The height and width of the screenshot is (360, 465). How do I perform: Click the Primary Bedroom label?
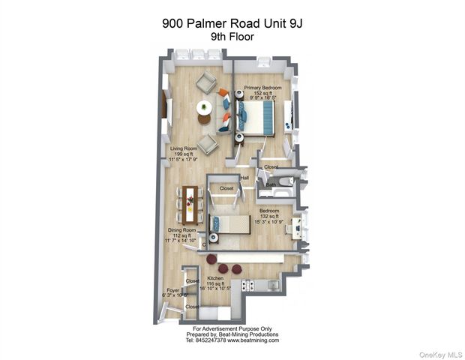262,87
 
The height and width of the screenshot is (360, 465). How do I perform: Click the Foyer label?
172,289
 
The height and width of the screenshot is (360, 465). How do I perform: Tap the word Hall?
244,178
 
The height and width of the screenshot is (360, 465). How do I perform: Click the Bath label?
271,184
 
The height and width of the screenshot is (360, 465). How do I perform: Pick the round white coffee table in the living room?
204,108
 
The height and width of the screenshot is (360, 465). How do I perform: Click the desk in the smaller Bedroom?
299,227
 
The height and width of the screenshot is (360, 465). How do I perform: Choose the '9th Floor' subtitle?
232,36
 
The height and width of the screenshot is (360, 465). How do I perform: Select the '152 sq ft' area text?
262,92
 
